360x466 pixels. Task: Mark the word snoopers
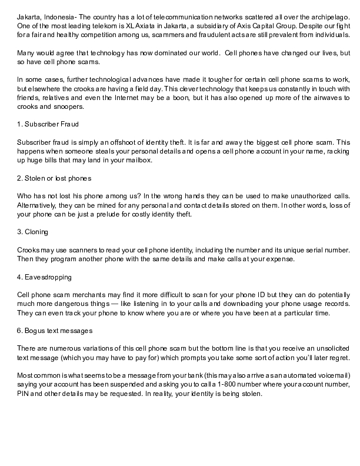pos(68,106)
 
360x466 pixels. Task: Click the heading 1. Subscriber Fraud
pos(48,125)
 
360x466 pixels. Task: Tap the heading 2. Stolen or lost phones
pos(54,178)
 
